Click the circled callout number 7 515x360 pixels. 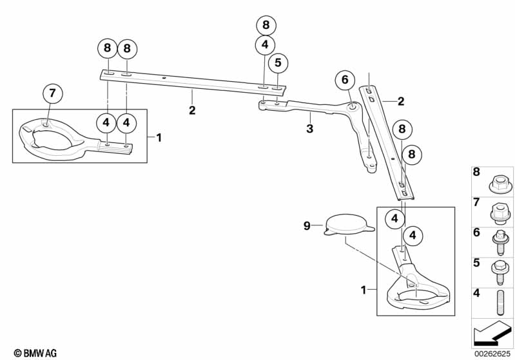pyautogui.click(x=53, y=93)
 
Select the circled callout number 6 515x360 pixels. pyautogui.click(x=345, y=79)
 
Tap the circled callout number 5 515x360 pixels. pyautogui.click(x=278, y=62)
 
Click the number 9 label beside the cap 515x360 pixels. pyautogui.click(x=307, y=226)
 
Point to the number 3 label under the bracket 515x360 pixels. pyautogui.click(x=310, y=128)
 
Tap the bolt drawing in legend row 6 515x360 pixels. pyautogui.click(x=500, y=242)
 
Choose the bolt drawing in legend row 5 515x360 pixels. pyautogui.click(x=500, y=272)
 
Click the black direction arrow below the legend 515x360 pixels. pyautogui.click(x=491, y=333)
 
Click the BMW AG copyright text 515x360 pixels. pyautogui.click(x=35, y=353)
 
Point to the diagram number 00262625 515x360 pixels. pyautogui.click(x=492, y=354)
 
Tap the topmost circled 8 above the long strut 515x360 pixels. pyautogui.click(x=266, y=25)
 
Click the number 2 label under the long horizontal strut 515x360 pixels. pyautogui.click(x=192, y=110)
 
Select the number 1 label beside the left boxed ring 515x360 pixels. pyautogui.click(x=159, y=138)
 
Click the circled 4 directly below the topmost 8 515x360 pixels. pyautogui.click(x=266, y=44)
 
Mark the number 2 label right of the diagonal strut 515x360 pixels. pyautogui.click(x=401, y=101)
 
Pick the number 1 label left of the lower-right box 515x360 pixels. pyautogui.click(x=364, y=290)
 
